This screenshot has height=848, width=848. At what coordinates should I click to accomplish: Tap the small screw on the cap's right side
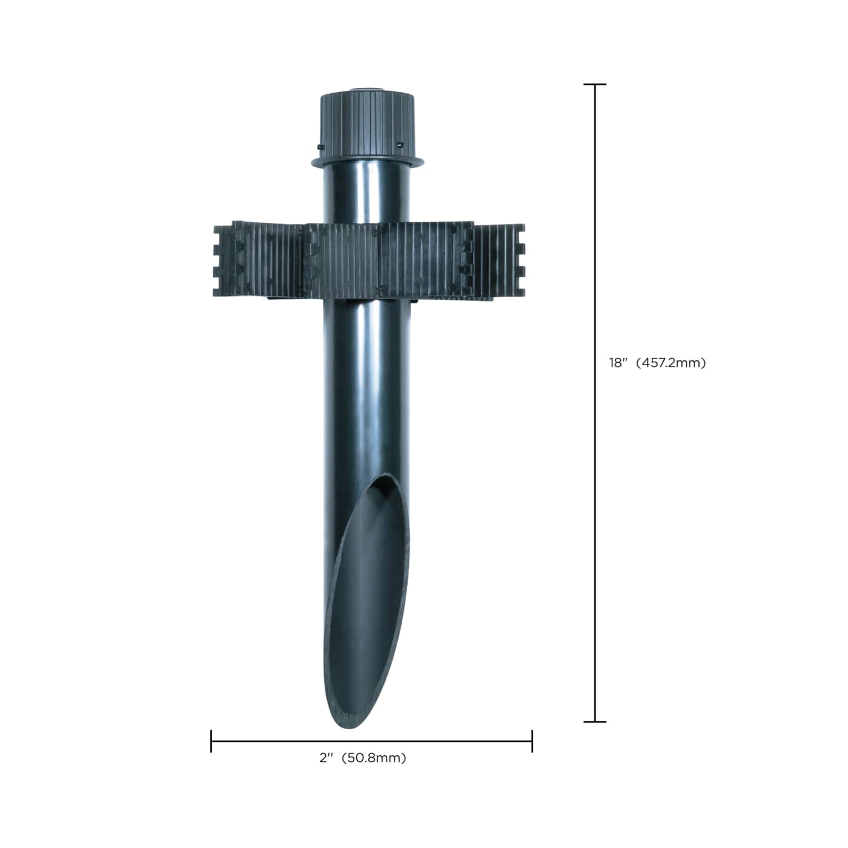click(x=400, y=144)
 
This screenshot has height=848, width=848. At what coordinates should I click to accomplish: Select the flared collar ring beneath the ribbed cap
click(x=367, y=162)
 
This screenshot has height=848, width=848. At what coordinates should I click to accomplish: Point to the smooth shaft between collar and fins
click(x=367, y=194)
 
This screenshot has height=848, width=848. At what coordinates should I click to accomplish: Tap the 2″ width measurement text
click(x=327, y=758)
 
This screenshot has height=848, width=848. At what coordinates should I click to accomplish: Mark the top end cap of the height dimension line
click(x=595, y=85)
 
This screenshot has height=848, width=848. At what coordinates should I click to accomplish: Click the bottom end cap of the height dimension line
click(x=595, y=721)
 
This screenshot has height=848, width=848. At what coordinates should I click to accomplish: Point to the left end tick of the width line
click(x=211, y=741)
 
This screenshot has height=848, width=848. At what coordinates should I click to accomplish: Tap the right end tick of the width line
click(x=532, y=741)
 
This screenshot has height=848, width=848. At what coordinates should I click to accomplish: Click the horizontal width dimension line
click(x=371, y=741)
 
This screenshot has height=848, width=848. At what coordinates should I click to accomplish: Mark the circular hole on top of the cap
click(x=366, y=91)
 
